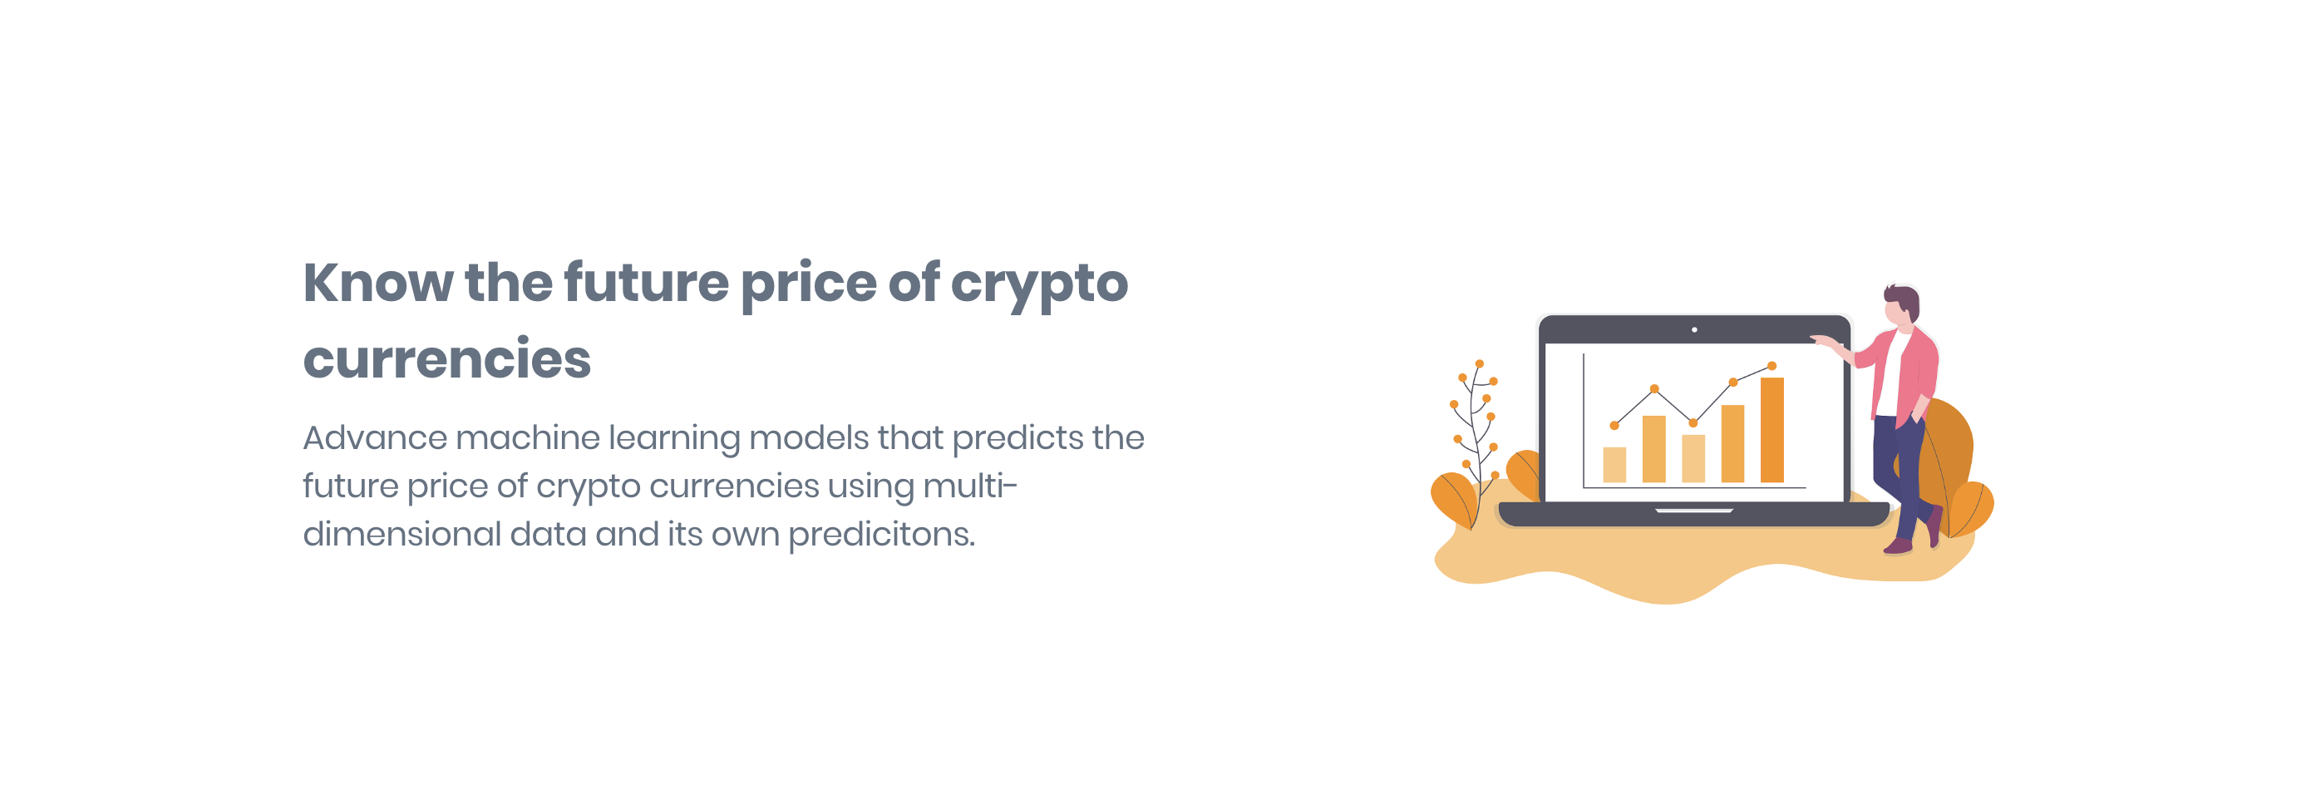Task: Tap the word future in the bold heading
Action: pyautogui.click(x=645, y=283)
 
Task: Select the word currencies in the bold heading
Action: pyautogui.click(x=446, y=359)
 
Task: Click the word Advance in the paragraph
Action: pyautogui.click(x=374, y=437)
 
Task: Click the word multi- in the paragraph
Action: pyautogui.click(x=969, y=486)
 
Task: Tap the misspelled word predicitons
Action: pyautogui.click(x=881, y=535)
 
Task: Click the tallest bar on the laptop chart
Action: pyautogui.click(x=1771, y=430)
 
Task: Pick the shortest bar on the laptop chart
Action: pyautogui.click(x=1614, y=465)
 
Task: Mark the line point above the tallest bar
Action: pyautogui.click(x=1771, y=366)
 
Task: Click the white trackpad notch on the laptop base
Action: pyautogui.click(x=1693, y=511)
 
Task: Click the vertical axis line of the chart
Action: pyautogui.click(x=1584, y=421)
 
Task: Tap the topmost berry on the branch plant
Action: pyautogui.click(x=1480, y=363)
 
